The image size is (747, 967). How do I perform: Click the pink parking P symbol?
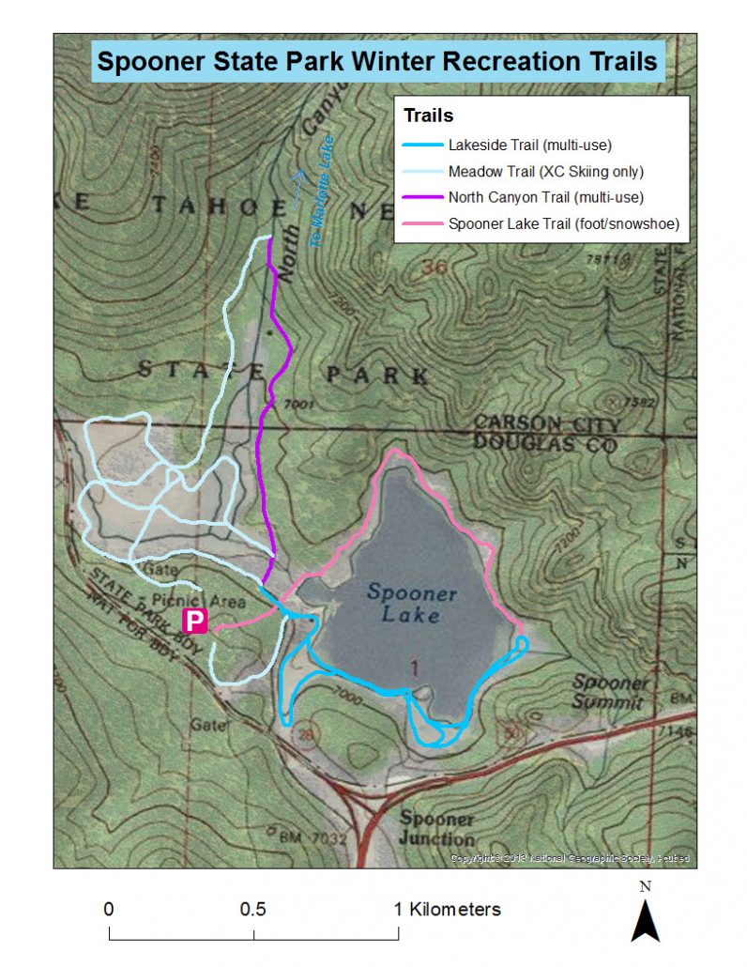pyautogui.click(x=193, y=621)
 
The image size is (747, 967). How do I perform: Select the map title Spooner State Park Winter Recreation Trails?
pyautogui.click(x=377, y=62)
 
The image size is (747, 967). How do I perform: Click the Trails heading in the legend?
pyautogui.click(x=428, y=116)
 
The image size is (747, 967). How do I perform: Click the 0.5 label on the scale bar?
pyautogui.click(x=252, y=909)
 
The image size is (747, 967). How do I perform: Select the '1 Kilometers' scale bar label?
pyautogui.click(x=447, y=909)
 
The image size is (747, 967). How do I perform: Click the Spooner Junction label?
pyautogui.click(x=436, y=828)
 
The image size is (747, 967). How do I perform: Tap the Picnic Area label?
pyautogui.click(x=215, y=602)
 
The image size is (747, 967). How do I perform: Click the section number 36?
pyautogui.click(x=434, y=269)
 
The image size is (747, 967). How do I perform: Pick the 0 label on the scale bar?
pyautogui.click(x=109, y=909)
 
